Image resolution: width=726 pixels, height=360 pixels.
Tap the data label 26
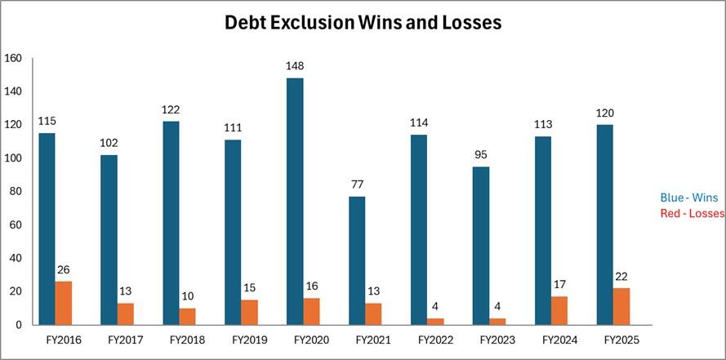(x=63, y=269)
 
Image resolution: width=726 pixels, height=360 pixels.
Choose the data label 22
(x=621, y=276)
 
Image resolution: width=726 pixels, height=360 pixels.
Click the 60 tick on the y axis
(x=16, y=225)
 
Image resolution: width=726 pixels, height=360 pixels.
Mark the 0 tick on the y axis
(x=19, y=325)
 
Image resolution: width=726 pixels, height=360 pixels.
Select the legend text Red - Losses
(x=693, y=213)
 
